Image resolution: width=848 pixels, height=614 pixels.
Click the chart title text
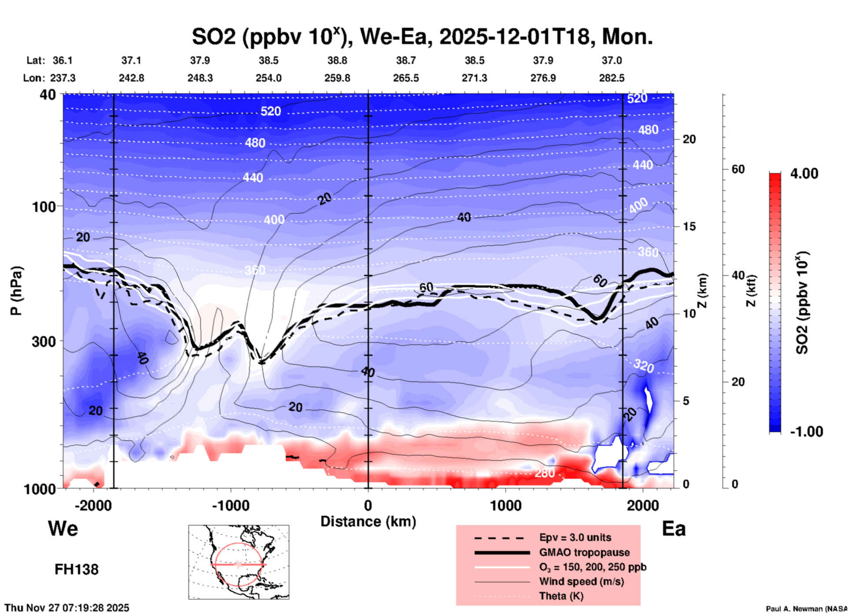tap(422, 37)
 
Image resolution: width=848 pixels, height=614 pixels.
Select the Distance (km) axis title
tap(368, 522)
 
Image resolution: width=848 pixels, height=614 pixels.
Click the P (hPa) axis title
tap(16, 291)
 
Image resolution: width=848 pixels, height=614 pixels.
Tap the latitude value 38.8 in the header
tap(337, 60)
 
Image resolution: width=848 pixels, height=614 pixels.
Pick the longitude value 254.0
tap(269, 78)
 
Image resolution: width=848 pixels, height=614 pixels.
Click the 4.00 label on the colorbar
tap(804, 174)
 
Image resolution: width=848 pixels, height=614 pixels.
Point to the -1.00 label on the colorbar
tap(806, 432)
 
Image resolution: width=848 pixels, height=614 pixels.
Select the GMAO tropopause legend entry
tap(584, 552)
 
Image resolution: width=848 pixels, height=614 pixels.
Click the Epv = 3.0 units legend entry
tap(575, 537)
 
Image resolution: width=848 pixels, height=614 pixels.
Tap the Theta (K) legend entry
tap(561, 596)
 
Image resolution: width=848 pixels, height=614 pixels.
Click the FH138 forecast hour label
tap(76, 570)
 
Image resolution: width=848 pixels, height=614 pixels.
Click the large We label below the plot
tap(63, 528)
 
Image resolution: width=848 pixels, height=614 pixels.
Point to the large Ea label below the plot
tap(674, 529)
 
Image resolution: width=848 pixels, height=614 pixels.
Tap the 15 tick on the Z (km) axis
tap(689, 226)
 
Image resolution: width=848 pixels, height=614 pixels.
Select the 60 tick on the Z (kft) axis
tap(738, 169)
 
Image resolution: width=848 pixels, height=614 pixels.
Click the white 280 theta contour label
tap(545, 473)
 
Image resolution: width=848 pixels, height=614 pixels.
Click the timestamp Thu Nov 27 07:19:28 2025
tap(67, 608)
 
